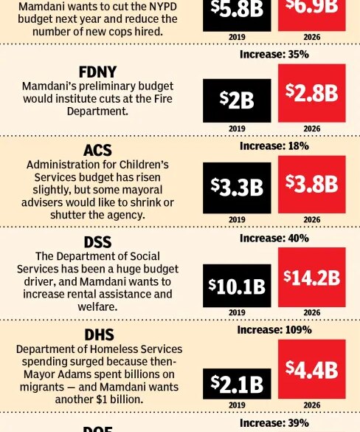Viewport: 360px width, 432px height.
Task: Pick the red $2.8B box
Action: (x=311, y=92)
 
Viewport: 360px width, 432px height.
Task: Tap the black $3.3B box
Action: (x=237, y=188)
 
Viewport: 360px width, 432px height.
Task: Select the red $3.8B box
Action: (x=311, y=182)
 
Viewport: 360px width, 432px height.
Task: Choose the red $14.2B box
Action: (x=311, y=276)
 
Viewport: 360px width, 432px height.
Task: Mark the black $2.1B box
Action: (x=237, y=383)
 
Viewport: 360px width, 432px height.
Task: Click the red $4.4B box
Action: (x=311, y=369)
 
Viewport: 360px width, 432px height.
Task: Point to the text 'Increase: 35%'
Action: (x=274, y=55)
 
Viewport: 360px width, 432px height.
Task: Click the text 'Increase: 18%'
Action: (x=274, y=146)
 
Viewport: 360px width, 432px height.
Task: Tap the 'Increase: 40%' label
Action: (x=274, y=238)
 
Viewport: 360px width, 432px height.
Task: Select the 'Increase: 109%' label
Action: (x=274, y=329)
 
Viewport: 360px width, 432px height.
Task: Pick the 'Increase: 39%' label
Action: (x=274, y=423)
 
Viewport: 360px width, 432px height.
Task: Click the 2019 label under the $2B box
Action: (x=237, y=128)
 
